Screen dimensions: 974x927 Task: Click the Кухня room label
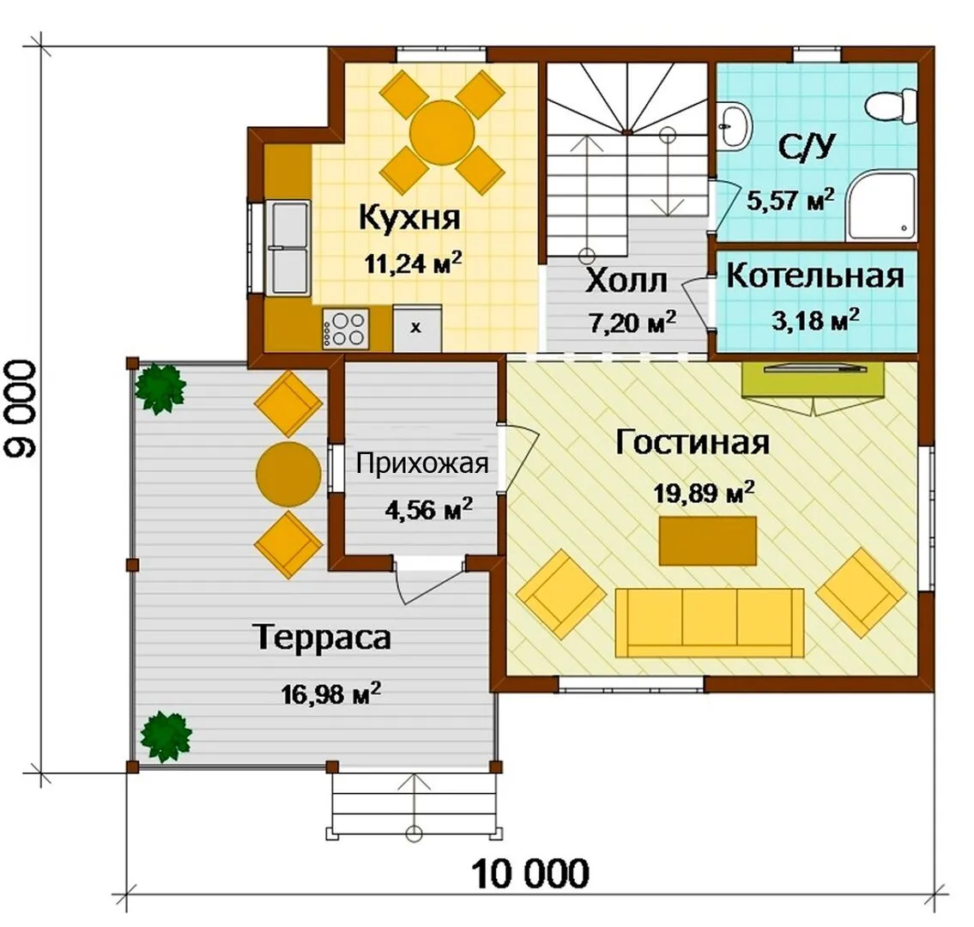click(410, 217)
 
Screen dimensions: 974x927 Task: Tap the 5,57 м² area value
click(790, 199)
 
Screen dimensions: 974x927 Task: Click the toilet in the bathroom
click(890, 106)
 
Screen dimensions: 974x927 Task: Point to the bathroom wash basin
click(735, 126)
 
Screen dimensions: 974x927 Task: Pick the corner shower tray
click(881, 207)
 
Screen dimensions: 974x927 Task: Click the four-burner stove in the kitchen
click(345, 329)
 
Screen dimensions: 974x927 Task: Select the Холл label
click(626, 281)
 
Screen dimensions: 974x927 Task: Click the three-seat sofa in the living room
click(709, 622)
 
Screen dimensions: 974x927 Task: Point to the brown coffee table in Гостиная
click(707, 541)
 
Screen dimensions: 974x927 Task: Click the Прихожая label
click(422, 464)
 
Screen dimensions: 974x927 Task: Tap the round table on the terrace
click(288, 474)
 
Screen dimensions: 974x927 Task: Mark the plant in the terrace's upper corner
click(160, 389)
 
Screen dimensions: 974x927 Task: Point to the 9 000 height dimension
click(21, 409)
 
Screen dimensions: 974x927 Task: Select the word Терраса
click(323, 638)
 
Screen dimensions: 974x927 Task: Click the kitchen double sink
click(288, 248)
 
